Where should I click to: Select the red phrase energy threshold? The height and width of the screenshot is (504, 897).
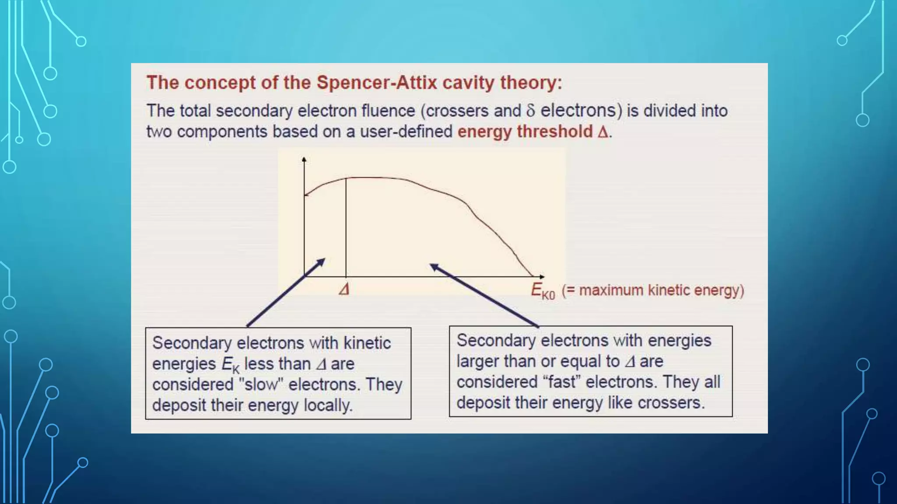[525, 132]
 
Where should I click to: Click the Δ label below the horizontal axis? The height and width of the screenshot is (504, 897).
[344, 289]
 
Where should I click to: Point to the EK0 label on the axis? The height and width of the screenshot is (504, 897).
[542, 291]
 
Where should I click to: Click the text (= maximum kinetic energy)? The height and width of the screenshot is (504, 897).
[653, 290]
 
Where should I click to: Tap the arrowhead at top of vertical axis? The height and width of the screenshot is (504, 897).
[304, 160]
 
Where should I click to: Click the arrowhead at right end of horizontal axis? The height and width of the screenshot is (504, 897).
[542, 276]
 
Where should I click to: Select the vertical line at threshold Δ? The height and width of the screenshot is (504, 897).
[346, 227]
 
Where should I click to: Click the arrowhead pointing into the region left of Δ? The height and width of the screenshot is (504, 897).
[321, 261]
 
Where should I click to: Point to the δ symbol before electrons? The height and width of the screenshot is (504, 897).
[530, 111]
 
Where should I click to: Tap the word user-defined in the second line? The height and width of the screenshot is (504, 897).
[406, 132]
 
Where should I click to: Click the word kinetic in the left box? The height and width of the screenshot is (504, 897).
[367, 343]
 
